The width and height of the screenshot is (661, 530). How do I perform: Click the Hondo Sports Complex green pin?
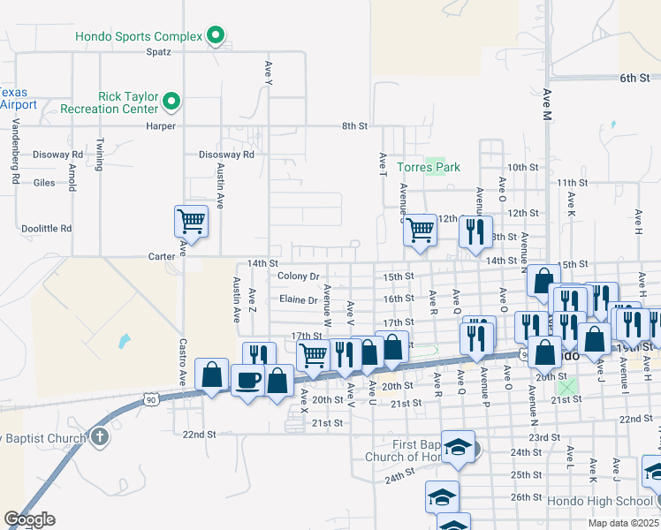point(216,36)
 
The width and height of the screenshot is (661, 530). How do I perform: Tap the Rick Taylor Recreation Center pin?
point(172,102)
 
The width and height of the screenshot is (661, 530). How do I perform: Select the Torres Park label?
point(429,166)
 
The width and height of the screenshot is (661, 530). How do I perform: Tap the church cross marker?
point(100,436)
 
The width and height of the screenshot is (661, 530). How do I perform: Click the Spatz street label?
point(158,51)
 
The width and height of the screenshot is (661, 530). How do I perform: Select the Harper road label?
point(161,126)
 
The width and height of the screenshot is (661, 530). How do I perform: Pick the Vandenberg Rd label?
point(17,161)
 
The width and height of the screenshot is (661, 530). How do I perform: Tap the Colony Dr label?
point(298,276)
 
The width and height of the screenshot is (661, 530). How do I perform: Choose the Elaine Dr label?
point(298,300)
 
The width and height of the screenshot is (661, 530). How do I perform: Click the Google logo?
point(29,519)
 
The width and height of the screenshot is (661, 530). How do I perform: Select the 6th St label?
point(634,79)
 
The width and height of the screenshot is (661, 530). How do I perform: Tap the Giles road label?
point(43,184)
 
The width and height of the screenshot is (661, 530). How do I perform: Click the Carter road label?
point(161,255)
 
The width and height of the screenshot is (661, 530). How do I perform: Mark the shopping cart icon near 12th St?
point(421,230)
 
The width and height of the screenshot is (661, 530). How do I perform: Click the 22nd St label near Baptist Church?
point(199,435)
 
